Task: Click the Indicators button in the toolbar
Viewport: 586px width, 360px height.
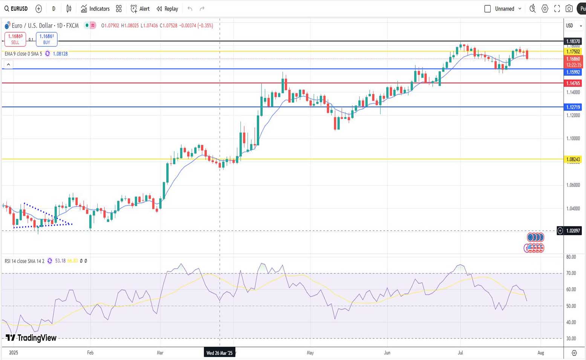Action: coord(95,9)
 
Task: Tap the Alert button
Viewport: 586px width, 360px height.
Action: coord(140,9)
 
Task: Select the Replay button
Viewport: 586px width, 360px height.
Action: coord(167,9)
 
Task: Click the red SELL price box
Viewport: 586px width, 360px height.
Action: coord(15,39)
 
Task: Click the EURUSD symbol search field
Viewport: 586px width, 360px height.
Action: coord(16,9)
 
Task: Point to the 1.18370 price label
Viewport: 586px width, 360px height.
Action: coord(573,41)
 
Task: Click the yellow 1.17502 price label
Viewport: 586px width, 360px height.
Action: coord(573,52)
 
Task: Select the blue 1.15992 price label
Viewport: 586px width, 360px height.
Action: coord(573,72)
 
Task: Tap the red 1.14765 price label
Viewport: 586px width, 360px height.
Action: coord(573,83)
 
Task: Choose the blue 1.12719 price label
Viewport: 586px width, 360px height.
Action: coord(573,107)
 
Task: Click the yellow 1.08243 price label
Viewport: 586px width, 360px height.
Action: coord(573,159)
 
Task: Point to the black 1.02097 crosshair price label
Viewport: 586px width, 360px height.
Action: coord(573,231)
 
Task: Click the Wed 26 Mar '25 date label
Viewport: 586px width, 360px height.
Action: coord(220,353)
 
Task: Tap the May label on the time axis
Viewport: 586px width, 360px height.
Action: coord(310,353)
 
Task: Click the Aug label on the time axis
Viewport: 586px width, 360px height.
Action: coord(541,353)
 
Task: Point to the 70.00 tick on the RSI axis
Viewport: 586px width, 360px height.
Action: coord(571,273)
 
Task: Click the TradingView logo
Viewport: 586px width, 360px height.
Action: coord(31,338)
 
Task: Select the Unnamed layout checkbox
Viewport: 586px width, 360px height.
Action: coord(487,9)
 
